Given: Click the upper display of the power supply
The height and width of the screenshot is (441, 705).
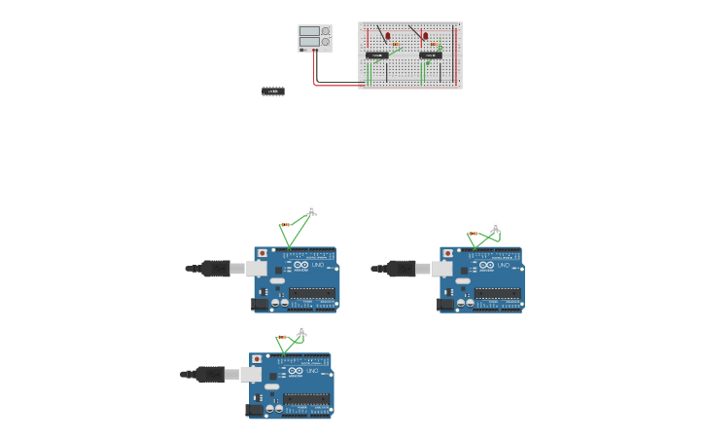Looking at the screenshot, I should pyautogui.click(x=309, y=31).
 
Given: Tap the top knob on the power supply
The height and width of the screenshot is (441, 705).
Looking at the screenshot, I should pyautogui.click(x=325, y=32).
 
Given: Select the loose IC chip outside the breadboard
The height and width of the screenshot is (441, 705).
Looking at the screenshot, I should pyautogui.click(x=273, y=92).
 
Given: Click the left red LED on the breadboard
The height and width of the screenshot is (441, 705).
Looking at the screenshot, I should pyautogui.click(x=388, y=37).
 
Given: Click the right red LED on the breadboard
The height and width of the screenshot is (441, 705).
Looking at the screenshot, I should pyautogui.click(x=425, y=37).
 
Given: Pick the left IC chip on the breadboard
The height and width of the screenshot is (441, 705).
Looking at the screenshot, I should pyautogui.click(x=377, y=55).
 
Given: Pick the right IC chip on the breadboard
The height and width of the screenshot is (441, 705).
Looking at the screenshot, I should pyautogui.click(x=431, y=55).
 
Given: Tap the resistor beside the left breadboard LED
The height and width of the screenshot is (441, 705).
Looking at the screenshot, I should pyautogui.click(x=397, y=45).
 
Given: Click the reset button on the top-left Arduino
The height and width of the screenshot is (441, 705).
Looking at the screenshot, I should pyautogui.click(x=263, y=253).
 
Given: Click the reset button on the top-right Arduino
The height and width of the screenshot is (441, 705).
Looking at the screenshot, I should pyautogui.click(x=447, y=253).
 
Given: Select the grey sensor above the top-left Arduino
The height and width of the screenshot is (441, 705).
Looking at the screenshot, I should pyautogui.click(x=312, y=209).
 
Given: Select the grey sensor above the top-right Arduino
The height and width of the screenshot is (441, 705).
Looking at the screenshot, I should pyautogui.click(x=495, y=228).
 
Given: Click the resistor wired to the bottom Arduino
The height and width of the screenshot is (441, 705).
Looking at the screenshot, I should pyautogui.click(x=284, y=337).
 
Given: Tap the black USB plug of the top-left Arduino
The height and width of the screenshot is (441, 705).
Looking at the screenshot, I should pyautogui.click(x=215, y=268).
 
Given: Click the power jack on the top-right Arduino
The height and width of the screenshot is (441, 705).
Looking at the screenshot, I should pyautogui.click(x=445, y=305).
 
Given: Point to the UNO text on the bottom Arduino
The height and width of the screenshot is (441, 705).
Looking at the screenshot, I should pyautogui.click(x=312, y=371).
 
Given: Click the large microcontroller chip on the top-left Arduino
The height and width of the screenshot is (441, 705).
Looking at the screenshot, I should pyautogui.click(x=312, y=293).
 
